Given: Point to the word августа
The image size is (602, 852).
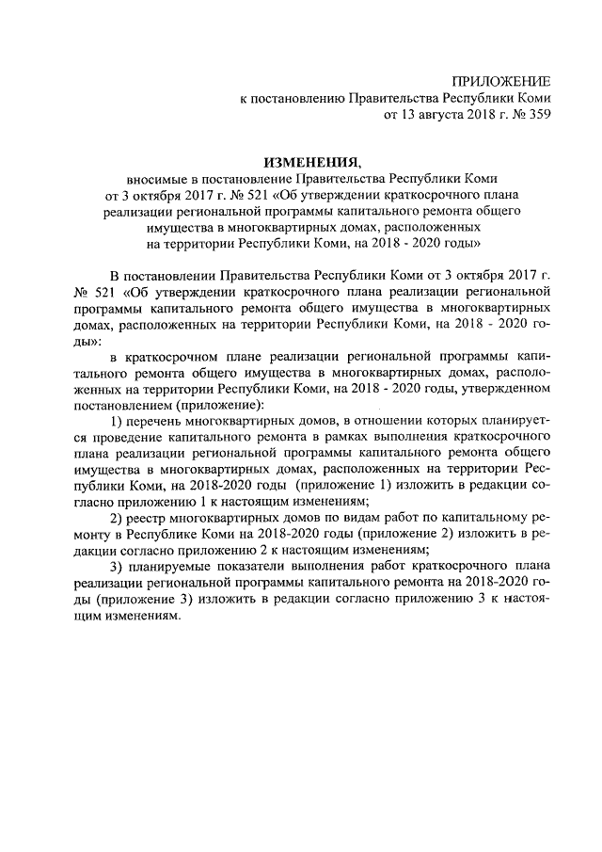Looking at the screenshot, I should pos(431,115).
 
